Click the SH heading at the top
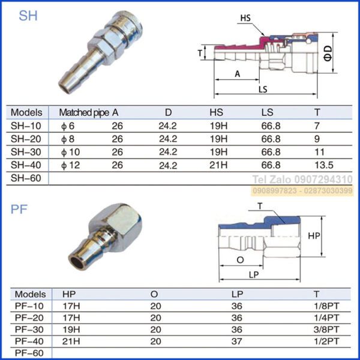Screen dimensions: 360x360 (x=28, y=16)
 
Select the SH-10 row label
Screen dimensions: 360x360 (x=26, y=125)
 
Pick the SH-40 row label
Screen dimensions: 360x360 (x=26, y=165)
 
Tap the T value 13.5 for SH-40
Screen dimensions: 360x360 (x=323, y=165)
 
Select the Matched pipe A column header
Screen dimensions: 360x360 (x=89, y=112)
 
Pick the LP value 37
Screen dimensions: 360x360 (x=236, y=341)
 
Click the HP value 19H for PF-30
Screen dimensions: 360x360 (x=71, y=329)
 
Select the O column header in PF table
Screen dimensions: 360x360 (x=154, y=294)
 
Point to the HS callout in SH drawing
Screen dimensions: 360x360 (x=245, y=18)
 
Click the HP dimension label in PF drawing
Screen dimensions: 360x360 (x=313, y=236)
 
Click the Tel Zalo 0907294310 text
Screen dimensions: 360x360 (x=302, y=179)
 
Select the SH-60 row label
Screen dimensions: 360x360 (x=26, y=178)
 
